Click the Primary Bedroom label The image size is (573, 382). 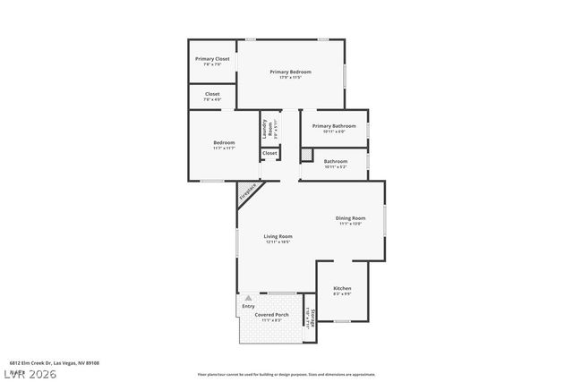coord(291,71)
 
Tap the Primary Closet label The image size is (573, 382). coord(212,59)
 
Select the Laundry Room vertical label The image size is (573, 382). coord(266,128)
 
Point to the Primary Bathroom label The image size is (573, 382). coord(334,126)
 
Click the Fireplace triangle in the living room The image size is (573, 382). coord(248,191)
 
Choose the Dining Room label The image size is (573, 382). coord(351,218)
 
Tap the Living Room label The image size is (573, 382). coord(278,236)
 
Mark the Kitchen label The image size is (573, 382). coord(342,288)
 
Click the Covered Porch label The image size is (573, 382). coord(270,315)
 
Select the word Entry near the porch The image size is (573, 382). coord(248,307)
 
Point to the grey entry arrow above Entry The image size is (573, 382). coord(248,298)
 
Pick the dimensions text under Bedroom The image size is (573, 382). coord(224,148)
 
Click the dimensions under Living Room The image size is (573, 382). coord(278,242)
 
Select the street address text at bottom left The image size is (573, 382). coord(48,363)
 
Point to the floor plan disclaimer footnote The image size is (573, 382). coord(286,374)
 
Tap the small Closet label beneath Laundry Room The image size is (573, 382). coord(269,154)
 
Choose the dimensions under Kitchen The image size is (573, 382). coord(342,293)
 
